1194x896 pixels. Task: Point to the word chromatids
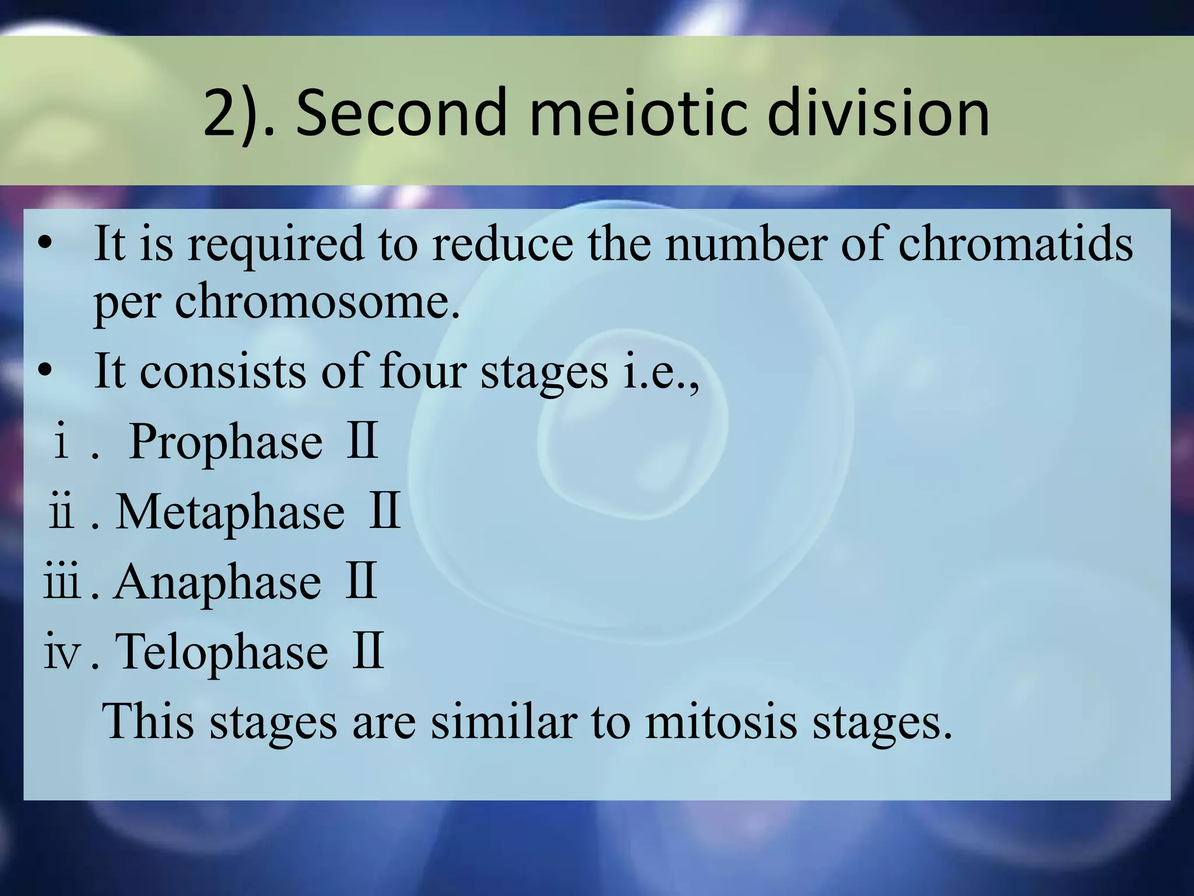pos(1015,243)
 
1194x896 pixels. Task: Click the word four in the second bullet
pos(422,372)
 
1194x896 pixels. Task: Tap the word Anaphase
pos(217,582)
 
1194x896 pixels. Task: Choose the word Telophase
pos(222,652)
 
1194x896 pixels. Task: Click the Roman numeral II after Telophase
pos(367,650)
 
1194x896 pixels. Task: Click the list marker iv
pos(61,652)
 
